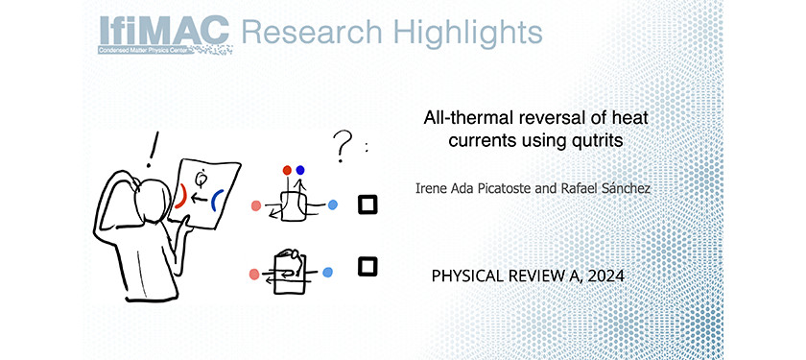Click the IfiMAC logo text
point(164,31)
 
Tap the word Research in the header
point(312,33)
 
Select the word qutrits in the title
point(596,140)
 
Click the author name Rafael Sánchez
point(607,188)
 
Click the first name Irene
point(428,189)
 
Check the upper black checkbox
point(367,204)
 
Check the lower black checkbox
point(367,267)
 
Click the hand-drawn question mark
point(343,146)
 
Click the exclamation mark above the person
point(152,149)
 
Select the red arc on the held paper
point(180,197)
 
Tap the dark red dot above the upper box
point(287,170)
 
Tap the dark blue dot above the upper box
point(300,170)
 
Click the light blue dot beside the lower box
point(327,272)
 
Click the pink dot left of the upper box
point(256,205)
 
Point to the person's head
point(154,197)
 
